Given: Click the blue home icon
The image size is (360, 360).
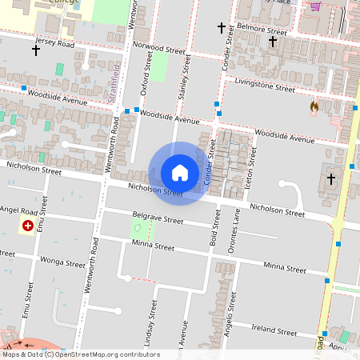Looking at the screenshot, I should [x=180, y=173].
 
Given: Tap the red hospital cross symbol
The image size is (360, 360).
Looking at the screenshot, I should [x=30, y=226].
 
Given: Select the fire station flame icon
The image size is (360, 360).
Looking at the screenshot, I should [x=314, y=106].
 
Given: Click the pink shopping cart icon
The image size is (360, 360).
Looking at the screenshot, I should [x=316, y=6].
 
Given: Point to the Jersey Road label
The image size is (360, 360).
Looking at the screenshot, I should [x=54, y=43].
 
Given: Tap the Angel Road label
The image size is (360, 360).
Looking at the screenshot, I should [x=19, y=210].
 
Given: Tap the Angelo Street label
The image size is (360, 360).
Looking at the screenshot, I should [x=230, y=313].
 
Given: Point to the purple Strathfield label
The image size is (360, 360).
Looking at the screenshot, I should [x=114, y=82].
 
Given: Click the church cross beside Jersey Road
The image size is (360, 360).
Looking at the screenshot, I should [x=36, y=50].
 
